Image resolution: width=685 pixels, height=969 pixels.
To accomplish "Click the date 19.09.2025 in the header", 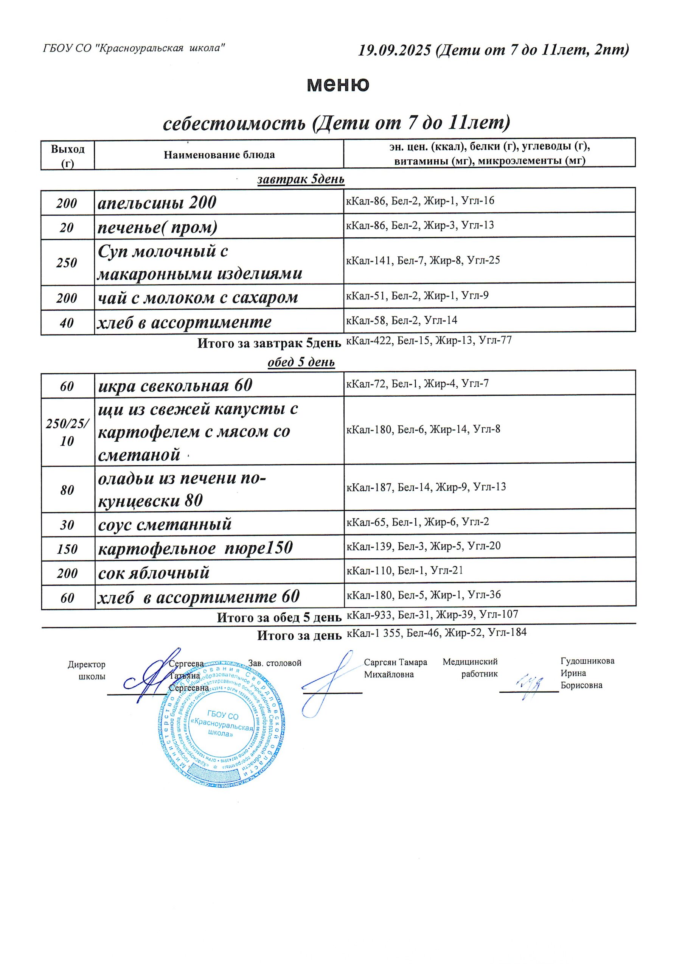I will click(x=395, y=51).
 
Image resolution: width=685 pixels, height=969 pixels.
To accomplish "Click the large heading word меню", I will click(x=338, y=84).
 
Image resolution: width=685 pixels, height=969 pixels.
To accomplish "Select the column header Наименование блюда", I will click(x=219, y=155).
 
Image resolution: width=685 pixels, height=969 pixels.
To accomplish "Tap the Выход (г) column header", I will click(x=67, y=155).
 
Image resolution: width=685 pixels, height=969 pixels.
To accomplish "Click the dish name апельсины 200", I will click(x=157, y=203).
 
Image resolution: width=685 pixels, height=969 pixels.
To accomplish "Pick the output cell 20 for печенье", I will click(x=67, y=228).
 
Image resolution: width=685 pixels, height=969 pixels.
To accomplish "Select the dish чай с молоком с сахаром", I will click(x=198, y=298).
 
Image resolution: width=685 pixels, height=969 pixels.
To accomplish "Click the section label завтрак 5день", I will click(x=301, y=179).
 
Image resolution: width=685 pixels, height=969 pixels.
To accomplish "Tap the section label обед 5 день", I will click(x=301, y=362).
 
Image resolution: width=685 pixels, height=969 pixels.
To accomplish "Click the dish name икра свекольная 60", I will click(x=175, y=385).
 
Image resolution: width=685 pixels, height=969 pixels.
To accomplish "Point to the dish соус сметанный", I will click(x=165, y=525).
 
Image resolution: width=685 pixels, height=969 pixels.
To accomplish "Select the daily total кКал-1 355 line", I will click(x=436, y=632).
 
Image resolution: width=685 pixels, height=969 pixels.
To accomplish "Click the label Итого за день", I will click(x=299, y=636).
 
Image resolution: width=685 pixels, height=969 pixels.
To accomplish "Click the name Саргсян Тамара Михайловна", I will click(x=395, y=668).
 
